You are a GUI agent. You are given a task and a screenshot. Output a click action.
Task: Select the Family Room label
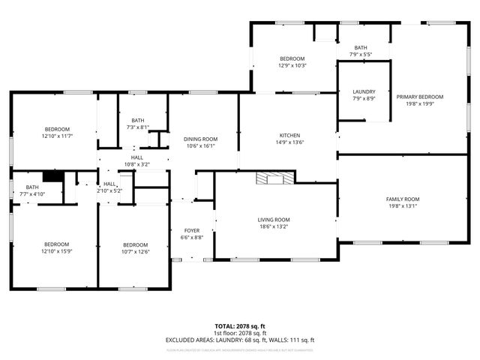click(402, 199)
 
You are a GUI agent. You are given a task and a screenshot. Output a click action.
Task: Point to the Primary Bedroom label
click(420, 97)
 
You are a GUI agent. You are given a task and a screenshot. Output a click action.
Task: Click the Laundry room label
click(364, 91)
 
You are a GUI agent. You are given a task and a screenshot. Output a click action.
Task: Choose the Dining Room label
click(200, 139)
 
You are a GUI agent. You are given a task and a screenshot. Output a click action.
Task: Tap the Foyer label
click(193, 230)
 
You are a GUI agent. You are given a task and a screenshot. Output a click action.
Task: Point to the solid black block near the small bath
click(52, 176)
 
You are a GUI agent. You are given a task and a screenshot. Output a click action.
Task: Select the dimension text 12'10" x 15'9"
click(56, 251)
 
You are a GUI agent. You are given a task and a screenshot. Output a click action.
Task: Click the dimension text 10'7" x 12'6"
click(135, 251)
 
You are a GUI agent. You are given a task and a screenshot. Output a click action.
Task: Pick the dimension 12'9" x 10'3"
click(292, 65)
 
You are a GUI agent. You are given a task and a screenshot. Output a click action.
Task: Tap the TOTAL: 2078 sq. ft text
click(240, 326)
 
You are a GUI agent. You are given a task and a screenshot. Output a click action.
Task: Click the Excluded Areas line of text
click(240, 340)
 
